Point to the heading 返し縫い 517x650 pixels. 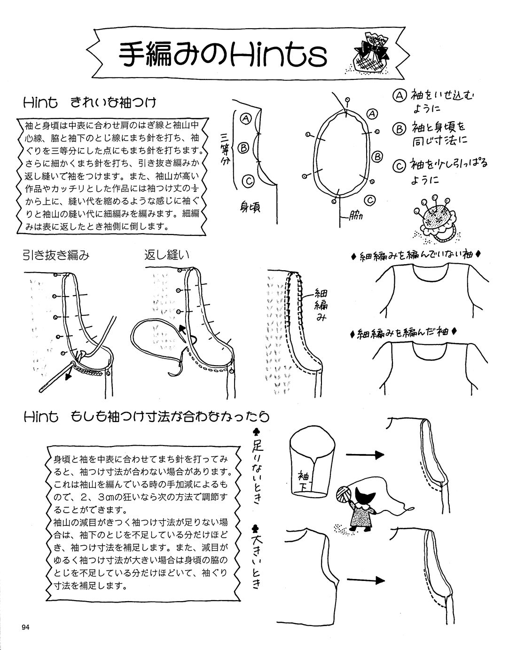[167, 255]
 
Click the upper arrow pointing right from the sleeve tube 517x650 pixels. [365, 454]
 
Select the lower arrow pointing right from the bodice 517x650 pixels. [365, 580]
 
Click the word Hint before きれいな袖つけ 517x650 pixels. [40, 102]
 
